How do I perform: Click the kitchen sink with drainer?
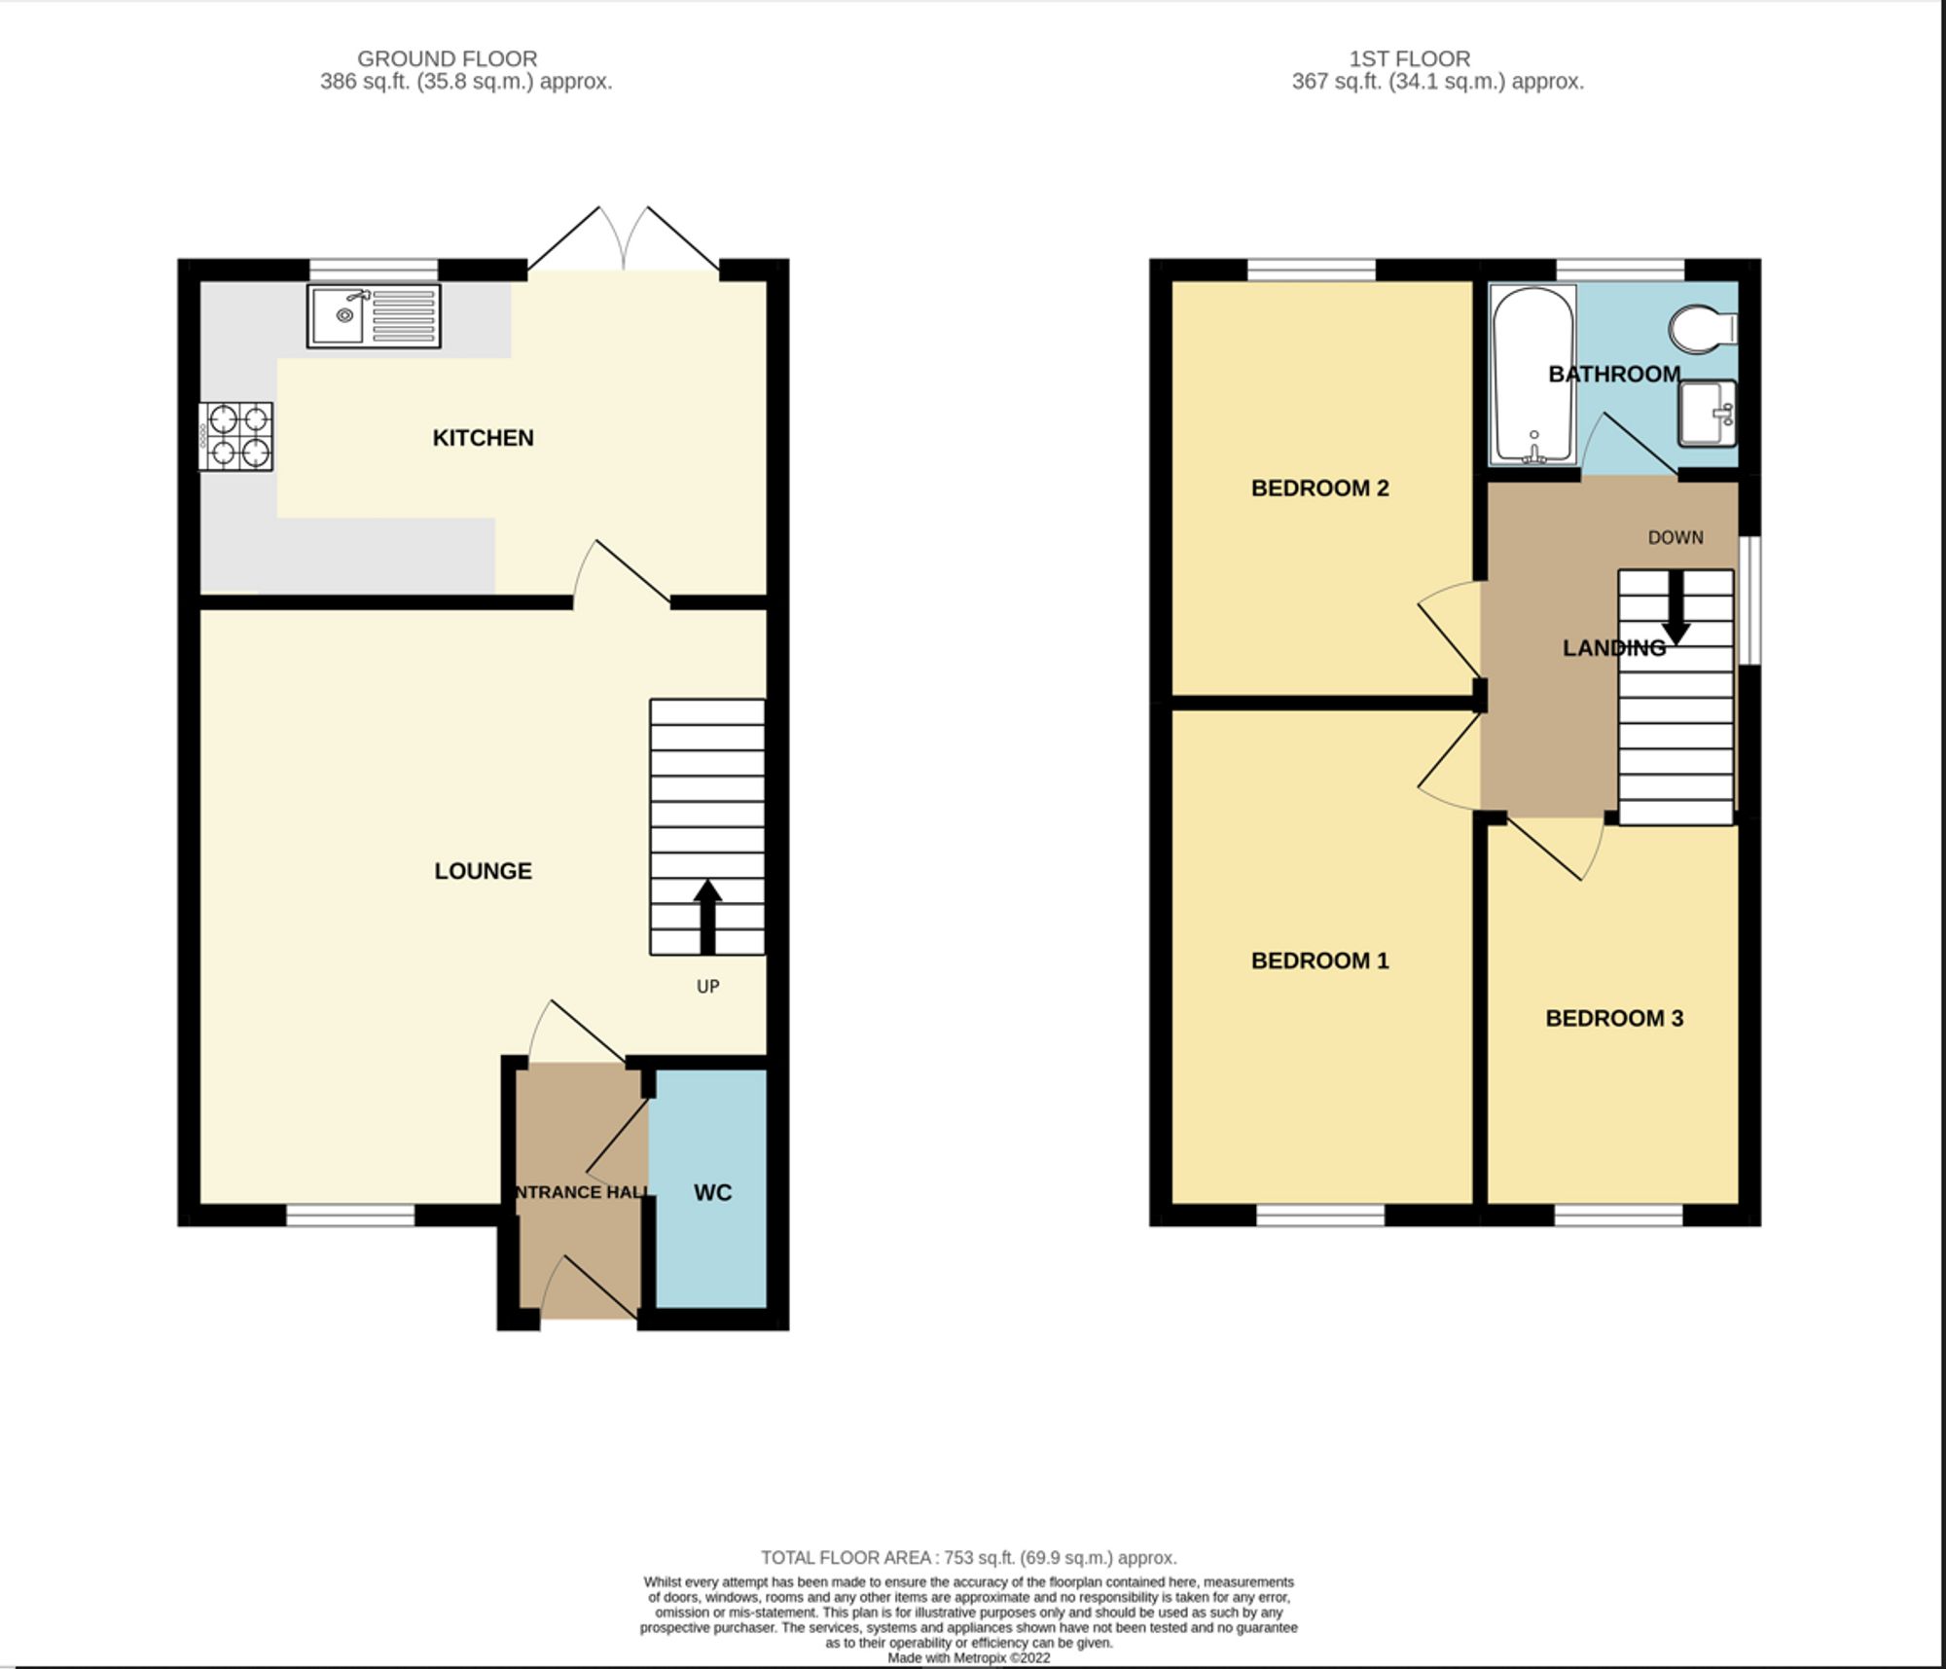pos(374,315)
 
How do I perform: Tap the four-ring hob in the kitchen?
pos(236,437)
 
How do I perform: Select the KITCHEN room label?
pos(483,438)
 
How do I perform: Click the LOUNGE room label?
pos(483,871)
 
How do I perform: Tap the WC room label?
pos(712,1192)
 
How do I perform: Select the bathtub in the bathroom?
pos(1533,375)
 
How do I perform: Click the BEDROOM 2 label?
pos(1319,489)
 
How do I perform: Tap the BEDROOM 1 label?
pos(1319,961)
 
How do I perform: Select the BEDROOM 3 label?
pos(1613,1019)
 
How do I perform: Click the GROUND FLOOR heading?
pos(447,58)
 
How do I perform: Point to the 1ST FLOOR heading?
pos(1409,58)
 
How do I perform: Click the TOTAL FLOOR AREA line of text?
pos(968,1557)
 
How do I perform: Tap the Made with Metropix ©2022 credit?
pos(968,1657)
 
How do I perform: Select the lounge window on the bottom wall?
pos(350,1215)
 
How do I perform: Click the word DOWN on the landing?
pos(1675,537)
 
